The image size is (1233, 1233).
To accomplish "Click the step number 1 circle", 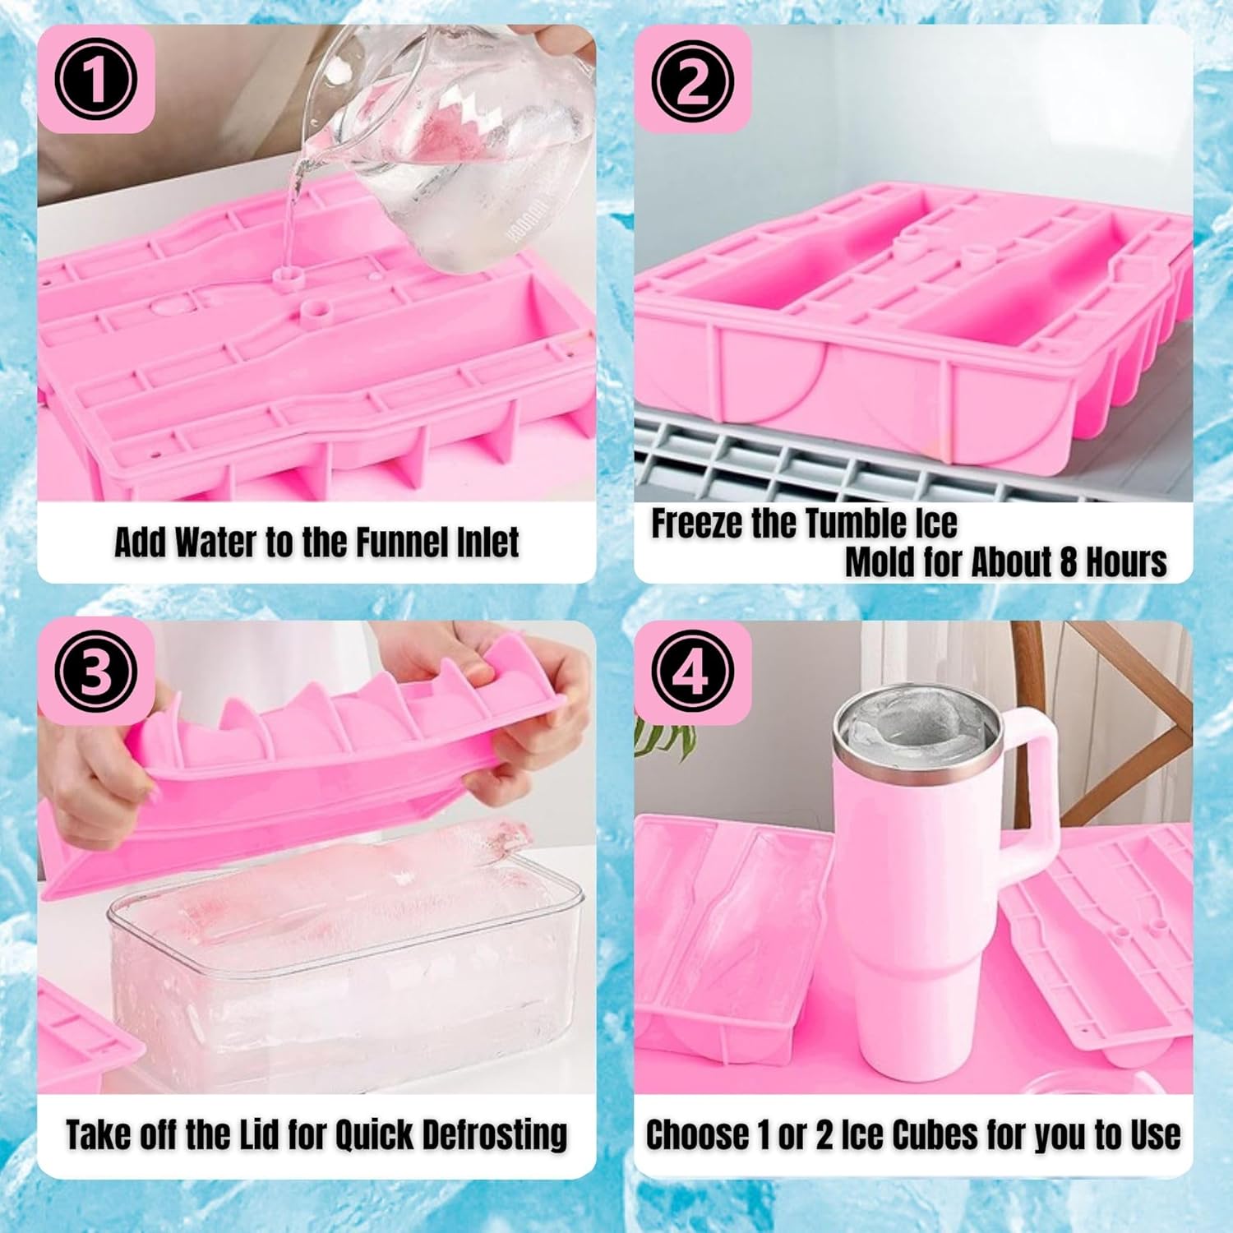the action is pyautogui.click(x=95, y=81).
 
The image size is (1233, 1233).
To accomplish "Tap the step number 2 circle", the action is pyautogui.click(x=692, y=81).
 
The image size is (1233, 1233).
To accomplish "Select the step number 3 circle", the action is pyautogui.click(x=95, y=672).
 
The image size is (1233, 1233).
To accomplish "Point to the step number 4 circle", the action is pyautogui.click(x=692, y=672).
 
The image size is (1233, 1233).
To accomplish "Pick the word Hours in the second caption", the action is pyautogui.click(x=1126, y=562).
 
